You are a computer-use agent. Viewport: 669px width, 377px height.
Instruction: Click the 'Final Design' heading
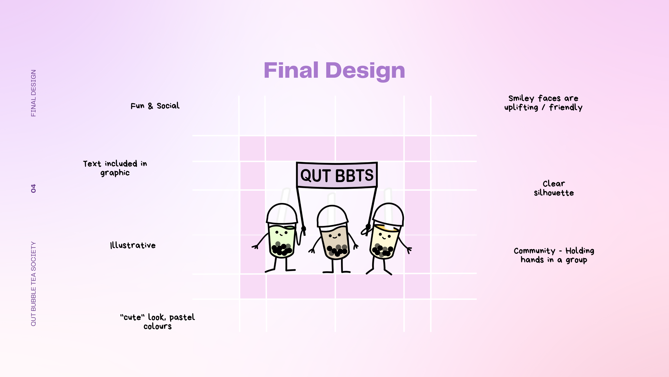click(334, 71)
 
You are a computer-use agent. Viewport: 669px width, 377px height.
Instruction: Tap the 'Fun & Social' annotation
click(155, 106)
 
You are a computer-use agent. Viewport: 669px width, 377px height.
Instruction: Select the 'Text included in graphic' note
click(115, 168)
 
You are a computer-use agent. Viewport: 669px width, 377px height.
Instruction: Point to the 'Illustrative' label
click(133, 245)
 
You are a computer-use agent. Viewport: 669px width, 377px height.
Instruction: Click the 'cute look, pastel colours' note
click(157, 322)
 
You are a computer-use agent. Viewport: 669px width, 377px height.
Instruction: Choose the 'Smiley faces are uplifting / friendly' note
click(543, 103)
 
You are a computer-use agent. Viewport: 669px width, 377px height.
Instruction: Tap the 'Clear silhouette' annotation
click(554, 188)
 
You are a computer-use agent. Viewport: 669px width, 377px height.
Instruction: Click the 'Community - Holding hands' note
click(554, 255)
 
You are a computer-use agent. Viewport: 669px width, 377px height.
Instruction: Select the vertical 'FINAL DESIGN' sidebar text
click(33, 93)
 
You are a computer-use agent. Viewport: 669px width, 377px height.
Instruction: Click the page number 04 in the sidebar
click(33, 188)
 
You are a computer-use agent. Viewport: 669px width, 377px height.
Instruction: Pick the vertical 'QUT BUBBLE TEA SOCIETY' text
click(33, 284)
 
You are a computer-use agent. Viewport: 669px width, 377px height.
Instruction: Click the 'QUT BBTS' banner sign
click(337, 175)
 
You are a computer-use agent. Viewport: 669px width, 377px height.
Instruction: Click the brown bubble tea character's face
click(335, 236)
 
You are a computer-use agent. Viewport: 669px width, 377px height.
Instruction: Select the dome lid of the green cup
click(282, 214)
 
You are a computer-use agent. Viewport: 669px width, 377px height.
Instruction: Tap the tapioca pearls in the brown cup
click(337, 250)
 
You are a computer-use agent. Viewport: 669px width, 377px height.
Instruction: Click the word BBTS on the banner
click(354, 175)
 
